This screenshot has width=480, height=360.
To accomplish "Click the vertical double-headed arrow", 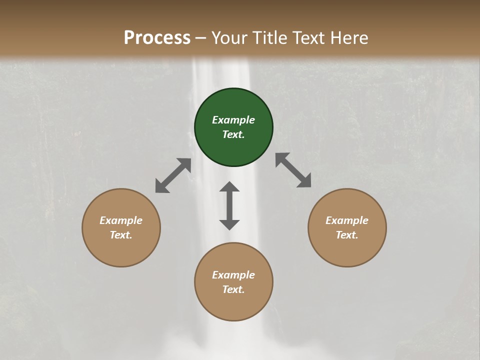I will [x=229, y=205].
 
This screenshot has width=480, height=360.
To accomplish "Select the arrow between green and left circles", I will [x=173, y=175].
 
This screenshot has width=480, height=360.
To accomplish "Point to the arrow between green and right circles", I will [x=293, y=170].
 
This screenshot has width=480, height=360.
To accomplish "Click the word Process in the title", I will [x=157, y=37].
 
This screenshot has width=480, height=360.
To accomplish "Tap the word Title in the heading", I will [x=268, y=37].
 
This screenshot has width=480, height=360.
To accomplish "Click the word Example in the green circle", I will [x=233, y=120].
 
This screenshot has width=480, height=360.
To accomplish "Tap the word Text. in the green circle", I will [x=233, y=134].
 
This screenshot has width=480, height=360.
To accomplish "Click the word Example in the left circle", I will [x=121, y=220].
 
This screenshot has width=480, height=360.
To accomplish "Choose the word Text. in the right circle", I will [x=347, y=235].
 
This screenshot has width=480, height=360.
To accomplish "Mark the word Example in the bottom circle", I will [x=233, y=275].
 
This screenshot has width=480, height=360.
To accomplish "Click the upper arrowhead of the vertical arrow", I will [x=229, y=187].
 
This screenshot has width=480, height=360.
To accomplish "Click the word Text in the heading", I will [x=308, y=37].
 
